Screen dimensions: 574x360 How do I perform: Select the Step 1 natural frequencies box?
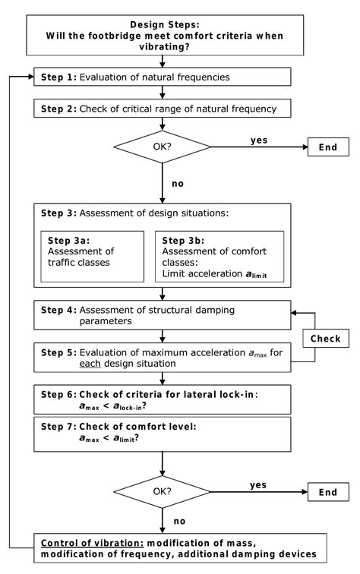coord(163,77)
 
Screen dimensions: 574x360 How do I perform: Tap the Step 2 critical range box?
coord(163,109)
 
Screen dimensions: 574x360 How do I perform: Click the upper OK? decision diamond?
coord(163,148)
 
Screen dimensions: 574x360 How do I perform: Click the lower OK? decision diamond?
coord(163,492)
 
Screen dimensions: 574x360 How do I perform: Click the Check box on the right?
coord(324,338)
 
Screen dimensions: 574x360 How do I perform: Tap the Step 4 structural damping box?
coord(163,314)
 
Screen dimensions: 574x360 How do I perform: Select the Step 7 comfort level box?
coord(163,432)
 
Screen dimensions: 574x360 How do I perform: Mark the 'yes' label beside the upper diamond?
coord(260,140)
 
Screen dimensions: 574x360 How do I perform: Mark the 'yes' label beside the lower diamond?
coord(260,484)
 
